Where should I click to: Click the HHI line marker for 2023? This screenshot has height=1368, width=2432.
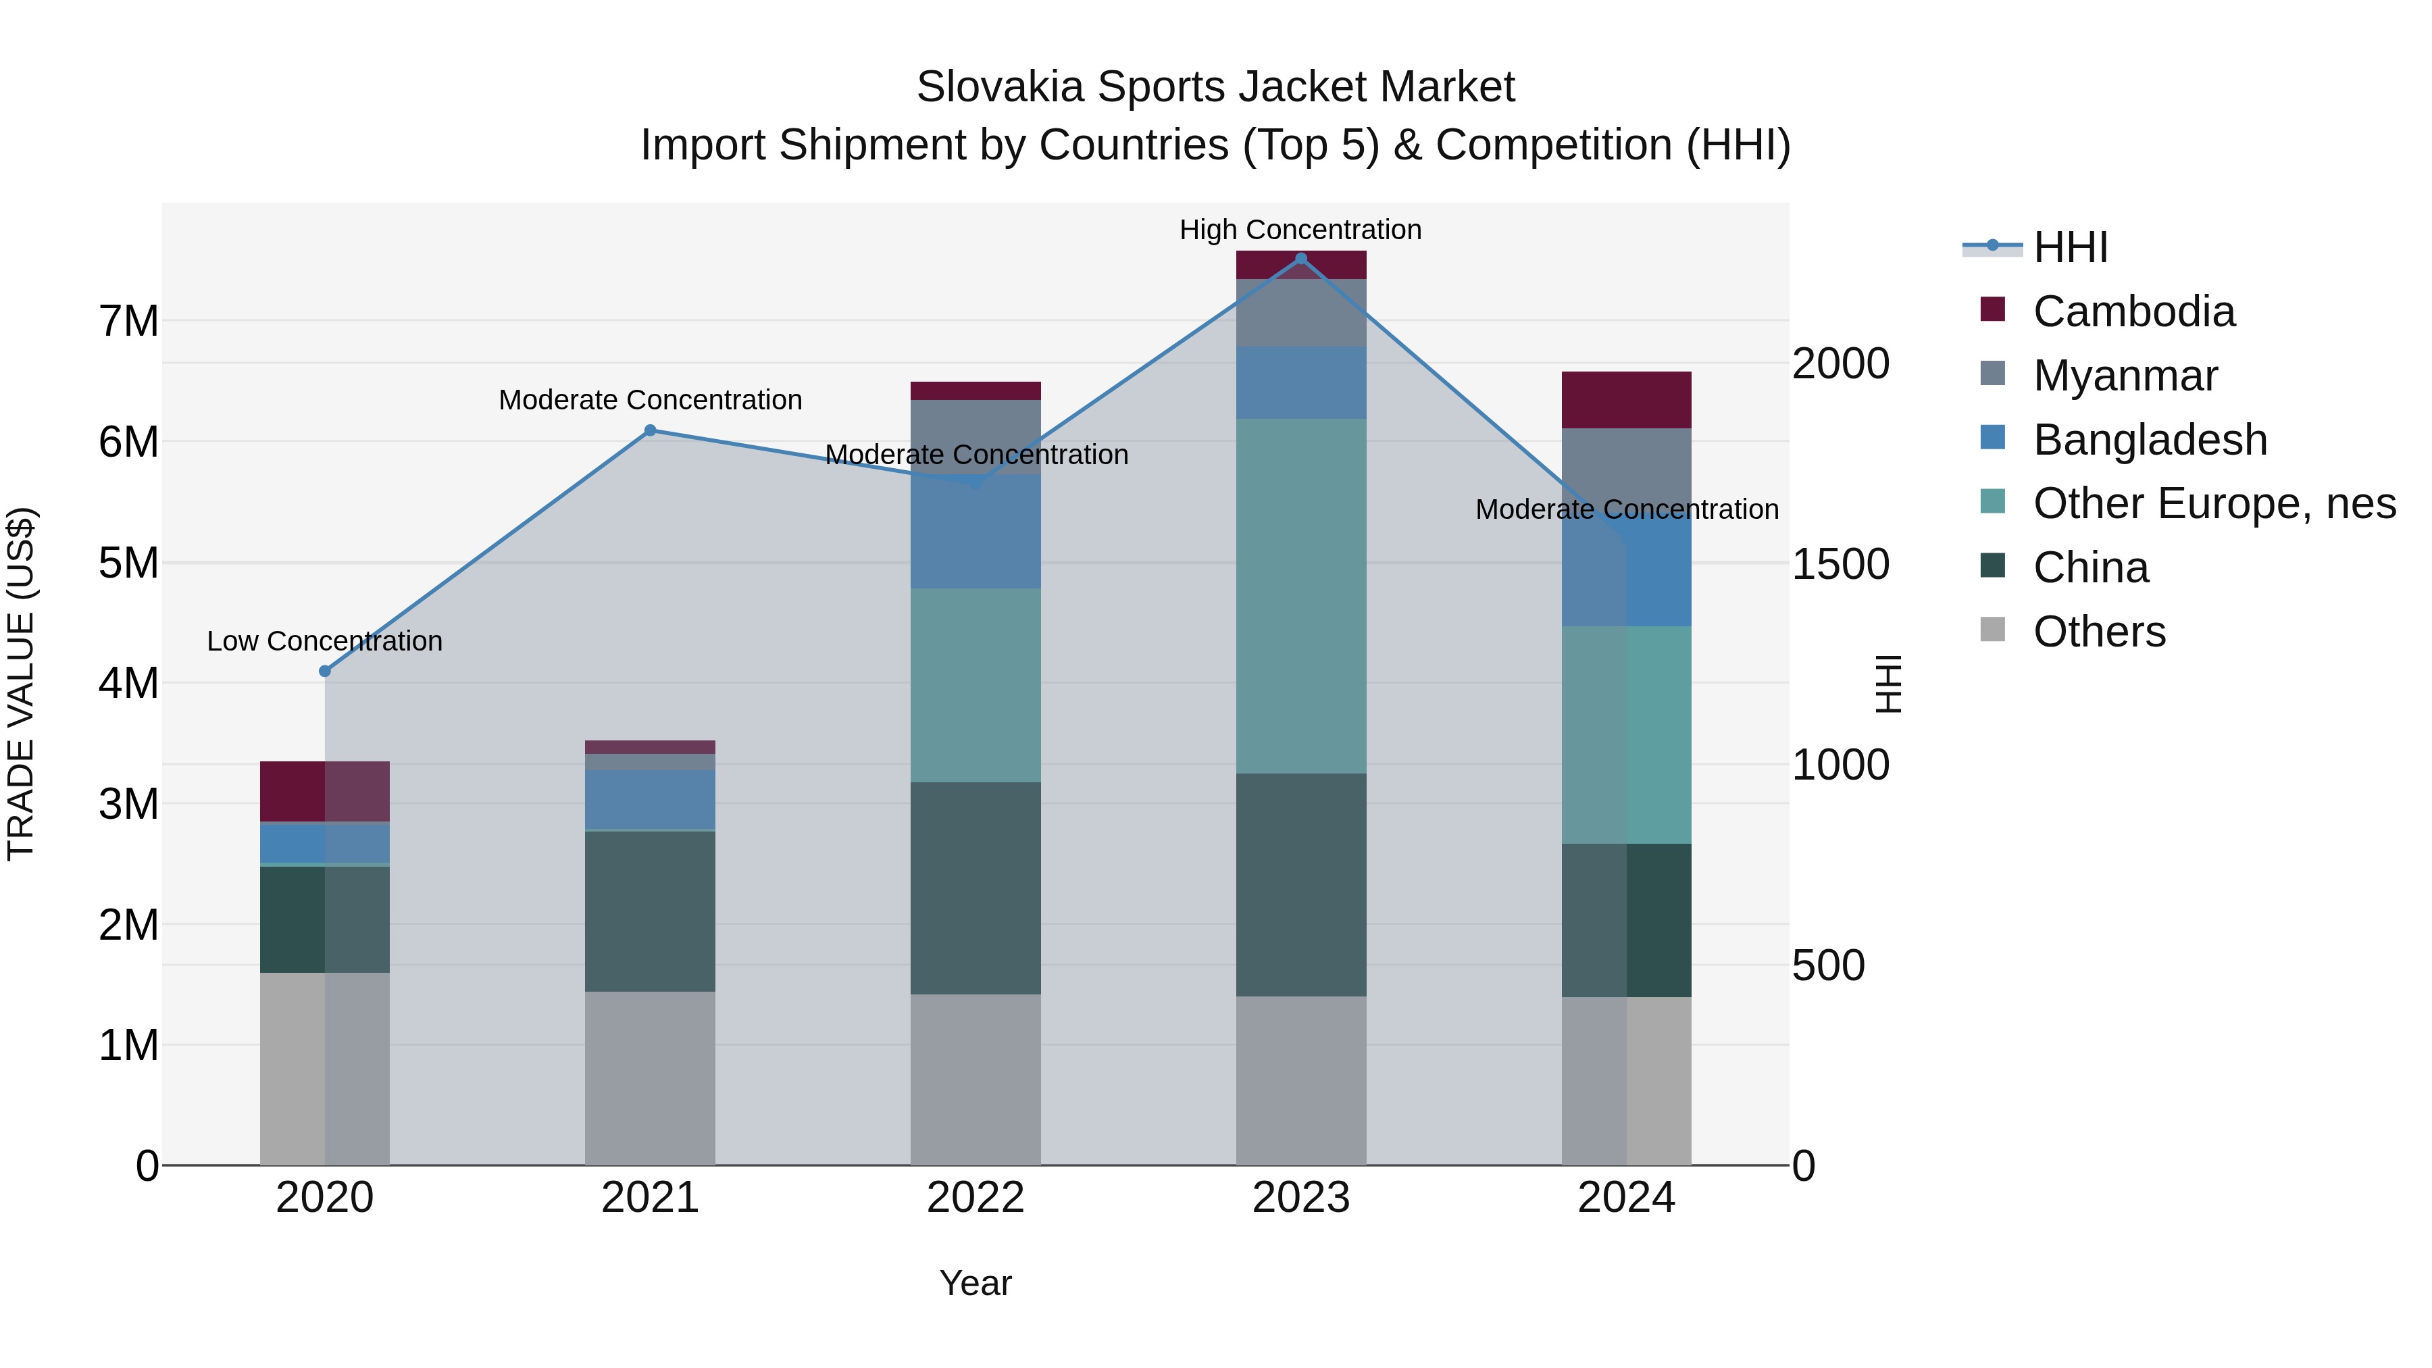pyautogui.click(x=1301, y=259)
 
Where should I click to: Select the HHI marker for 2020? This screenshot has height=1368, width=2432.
pyautogui.click(x=325, y=672)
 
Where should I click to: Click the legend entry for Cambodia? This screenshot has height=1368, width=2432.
pyautogui.click(x=2133, y=311)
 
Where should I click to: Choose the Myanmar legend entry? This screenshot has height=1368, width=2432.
pyautogui.click(x=2124, y=376)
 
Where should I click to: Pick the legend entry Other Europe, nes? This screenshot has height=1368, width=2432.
pyautogui.click(x=2214, y=503)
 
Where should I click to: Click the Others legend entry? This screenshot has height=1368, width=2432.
pyautogui.click(x=2099, y=632)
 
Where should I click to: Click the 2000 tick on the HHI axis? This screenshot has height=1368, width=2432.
pyautogui.click(x=1840, y=363)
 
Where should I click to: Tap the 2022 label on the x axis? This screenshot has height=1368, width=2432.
pyautogui.click(x=976, y=1198)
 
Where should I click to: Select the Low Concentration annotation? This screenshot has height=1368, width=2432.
pyautogui.click(x=325, y=641)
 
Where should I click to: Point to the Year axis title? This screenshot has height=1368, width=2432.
pyautogui.click(x=976, y=1283)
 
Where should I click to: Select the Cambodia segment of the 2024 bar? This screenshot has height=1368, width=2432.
pyautogui.click(x=1626, y=401)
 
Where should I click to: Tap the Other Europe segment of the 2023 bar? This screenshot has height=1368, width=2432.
pyautogui.click(x=1301, y=596)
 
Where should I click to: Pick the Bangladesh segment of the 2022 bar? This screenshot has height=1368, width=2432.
pyautogui.click(x=976, y=532)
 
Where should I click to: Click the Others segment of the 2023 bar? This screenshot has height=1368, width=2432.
pyautogui.click(x=1301, y=1080)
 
